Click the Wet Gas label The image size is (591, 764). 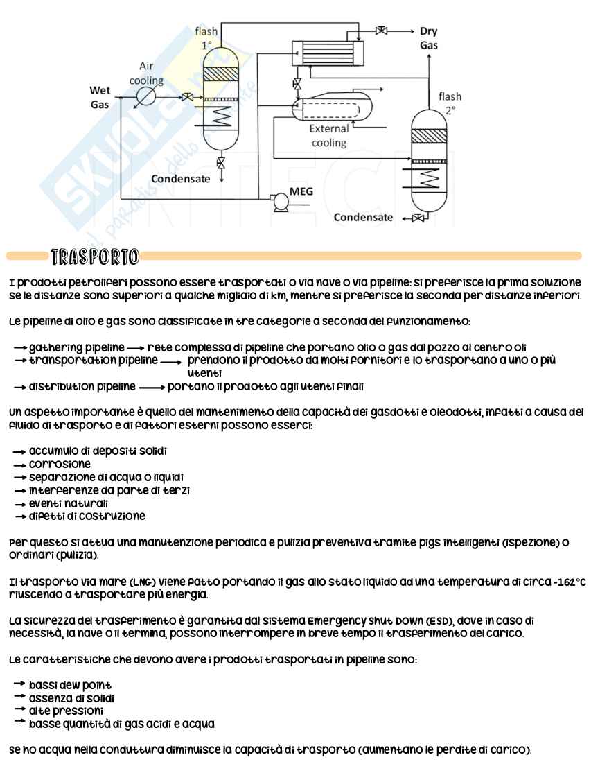click(x=100, y=98)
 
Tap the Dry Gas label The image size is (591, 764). click(x=428, y=38)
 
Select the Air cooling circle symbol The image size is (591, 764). click(x=146, y=96)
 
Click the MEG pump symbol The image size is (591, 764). click(x=281, y=201)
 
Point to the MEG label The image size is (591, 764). click(x=301, y=191)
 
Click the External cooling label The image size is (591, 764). click(x=328, y=136)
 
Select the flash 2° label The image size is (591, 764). click(x=450, y=103)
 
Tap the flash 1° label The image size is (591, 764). click(x=206, y=38)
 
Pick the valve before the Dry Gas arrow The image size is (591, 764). click(x=381, y=31)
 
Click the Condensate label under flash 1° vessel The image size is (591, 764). click(x=181, y=179)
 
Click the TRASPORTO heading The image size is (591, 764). click(x=95, y=256)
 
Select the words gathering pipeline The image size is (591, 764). click(x=76, y=346)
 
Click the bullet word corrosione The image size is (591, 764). click(x=60, y=464)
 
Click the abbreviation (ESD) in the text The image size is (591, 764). click(x=417, y=621)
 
